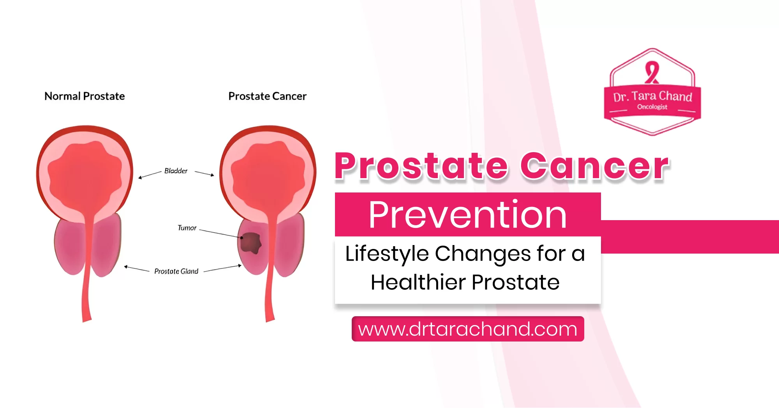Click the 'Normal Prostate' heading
click(85, 96)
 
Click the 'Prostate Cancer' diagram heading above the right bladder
click(267, 96)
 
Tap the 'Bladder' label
click(176, 171)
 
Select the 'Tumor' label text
click(187, 228)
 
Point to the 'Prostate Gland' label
click(176, 271)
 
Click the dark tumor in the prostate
click(250, 243)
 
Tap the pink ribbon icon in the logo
click(652, 72)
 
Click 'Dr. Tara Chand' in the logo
click(652, 96)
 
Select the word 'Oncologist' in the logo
click(652, 107)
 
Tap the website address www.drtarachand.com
click(467, 329)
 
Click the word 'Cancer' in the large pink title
click(595, 166)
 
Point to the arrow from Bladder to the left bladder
click(150, 175)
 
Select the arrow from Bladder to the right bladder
click(204, 173)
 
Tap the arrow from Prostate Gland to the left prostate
click(137, 269)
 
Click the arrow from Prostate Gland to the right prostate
click(223, 268)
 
